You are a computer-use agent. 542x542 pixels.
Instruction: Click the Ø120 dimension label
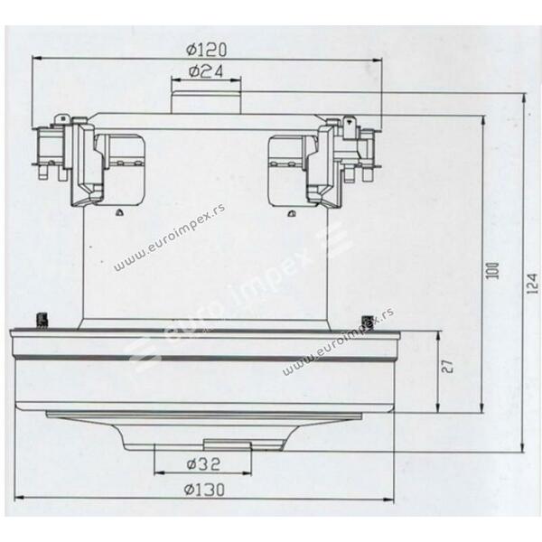click(x=206, y=50)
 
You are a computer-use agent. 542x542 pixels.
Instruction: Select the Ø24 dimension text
click(x=206, y=71)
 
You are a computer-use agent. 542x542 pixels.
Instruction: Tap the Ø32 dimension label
click(x=203, y=464)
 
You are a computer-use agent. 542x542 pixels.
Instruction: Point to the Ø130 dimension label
click(x=204, y=490)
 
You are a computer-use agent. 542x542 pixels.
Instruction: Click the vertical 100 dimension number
click(x=495, y=271)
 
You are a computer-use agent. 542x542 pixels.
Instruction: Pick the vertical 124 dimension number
click(x=533, y=284)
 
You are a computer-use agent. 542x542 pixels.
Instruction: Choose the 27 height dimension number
click(x=447, y=367)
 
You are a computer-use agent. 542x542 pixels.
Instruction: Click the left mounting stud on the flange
click(x=42, y=320)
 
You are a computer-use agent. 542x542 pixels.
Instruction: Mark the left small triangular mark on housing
click(x=119, y=213)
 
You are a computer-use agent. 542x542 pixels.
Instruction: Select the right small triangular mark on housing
click(x=292, y=214)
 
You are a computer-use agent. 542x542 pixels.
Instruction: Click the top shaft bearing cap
click(x=206, y=102)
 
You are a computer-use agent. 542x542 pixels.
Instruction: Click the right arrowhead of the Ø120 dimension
click(x=377, y=61)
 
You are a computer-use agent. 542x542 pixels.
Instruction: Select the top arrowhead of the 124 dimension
click(x=524, y=98)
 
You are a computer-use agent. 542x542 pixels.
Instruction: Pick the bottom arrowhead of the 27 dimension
click(x=438, y=408)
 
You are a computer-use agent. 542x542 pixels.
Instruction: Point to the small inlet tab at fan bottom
click(x=227, y=444)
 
